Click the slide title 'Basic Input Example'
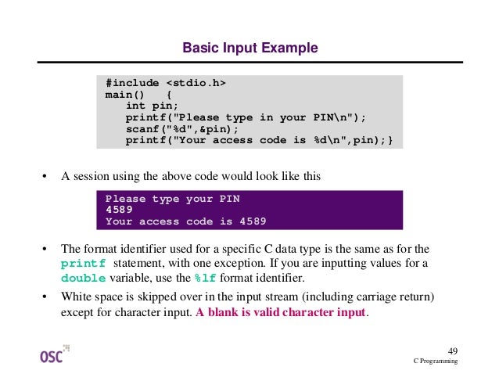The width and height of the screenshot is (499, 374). pyautogui.click(x=249, y=49)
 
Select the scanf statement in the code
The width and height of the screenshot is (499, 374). pyautogui.click(x=181, y=129)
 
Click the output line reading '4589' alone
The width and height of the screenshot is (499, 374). pyautogui.click(x=120, y=210)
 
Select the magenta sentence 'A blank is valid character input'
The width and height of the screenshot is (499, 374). pyautogui.click(x=281, y=313)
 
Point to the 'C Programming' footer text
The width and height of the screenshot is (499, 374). pyautogui.click(x=436, y=361)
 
